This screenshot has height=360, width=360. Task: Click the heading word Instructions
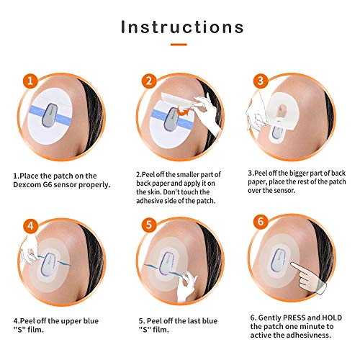pos(181,27)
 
